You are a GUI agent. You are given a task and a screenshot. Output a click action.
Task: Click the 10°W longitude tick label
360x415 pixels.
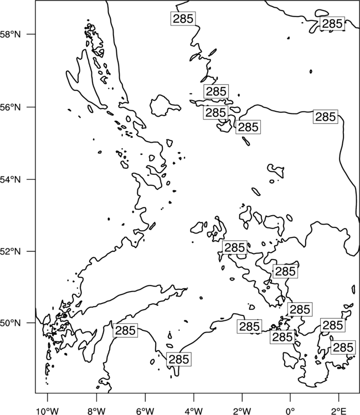[48, 411]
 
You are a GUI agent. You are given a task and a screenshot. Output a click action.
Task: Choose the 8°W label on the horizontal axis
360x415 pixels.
[96, 411]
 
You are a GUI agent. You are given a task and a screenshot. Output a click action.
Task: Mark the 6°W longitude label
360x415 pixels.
[145, 411]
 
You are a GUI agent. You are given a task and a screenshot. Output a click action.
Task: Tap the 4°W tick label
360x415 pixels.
[194, 411]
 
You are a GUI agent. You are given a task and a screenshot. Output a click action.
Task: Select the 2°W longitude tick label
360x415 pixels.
[242, 411]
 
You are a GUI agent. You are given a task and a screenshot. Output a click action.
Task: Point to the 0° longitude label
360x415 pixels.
[290, 411]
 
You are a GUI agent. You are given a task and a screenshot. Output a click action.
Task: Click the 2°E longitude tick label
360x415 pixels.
[339, 411]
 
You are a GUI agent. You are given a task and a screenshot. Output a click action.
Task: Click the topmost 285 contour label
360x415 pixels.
[183, 18]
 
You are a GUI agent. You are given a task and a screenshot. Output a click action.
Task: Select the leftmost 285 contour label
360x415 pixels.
[125, 330]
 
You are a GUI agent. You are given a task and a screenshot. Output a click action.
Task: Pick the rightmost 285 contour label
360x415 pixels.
[343, 347]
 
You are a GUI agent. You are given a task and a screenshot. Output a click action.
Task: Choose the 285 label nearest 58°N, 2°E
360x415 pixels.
[332, 24]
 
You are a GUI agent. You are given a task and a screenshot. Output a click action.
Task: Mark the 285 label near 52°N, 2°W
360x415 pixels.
[235, 248]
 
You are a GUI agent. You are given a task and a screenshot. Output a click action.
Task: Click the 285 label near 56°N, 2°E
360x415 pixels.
[326, 116]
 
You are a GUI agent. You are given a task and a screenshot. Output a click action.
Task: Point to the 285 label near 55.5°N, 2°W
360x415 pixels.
[248, 127]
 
